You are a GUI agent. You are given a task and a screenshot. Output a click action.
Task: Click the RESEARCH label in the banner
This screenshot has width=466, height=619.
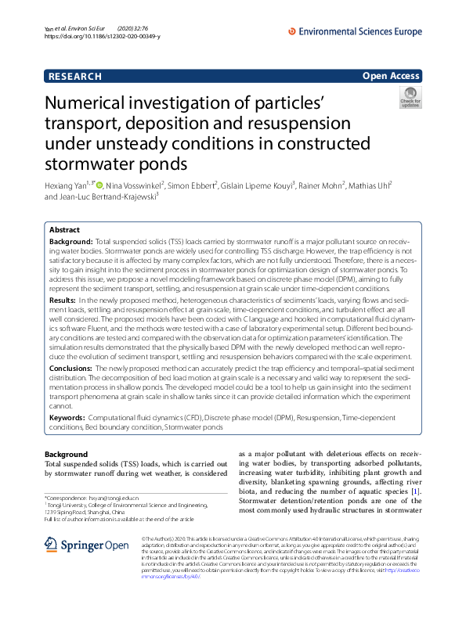pyautogui.click(x=75, y=76)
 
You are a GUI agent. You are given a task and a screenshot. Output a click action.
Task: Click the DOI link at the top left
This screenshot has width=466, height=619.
pyautogui.click(x=103, y=37)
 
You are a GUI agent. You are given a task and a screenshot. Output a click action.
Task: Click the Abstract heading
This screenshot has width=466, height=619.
pyautogui.click(x=64, y=230)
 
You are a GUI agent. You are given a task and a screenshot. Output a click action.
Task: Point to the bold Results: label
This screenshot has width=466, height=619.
pyautogui.click(x=63, y=300)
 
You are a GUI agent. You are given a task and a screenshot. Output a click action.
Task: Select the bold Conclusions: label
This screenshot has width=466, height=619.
pyautogui.click(x=71, y=368)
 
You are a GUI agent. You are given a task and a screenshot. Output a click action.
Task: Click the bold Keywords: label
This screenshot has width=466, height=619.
pyautogui.click(x=67, y=419)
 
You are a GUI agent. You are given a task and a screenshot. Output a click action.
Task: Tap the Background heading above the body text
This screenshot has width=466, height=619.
pyautogui.click(x=67, y=455)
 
